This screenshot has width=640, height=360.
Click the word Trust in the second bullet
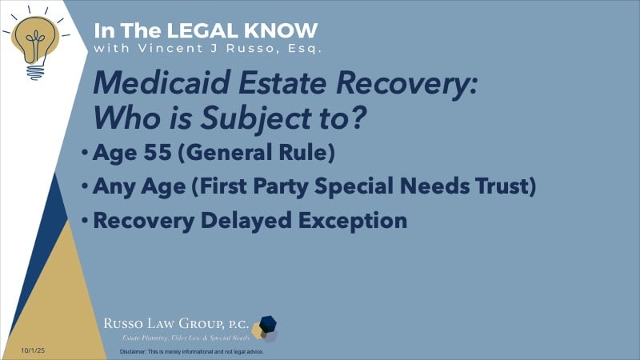point(509,187)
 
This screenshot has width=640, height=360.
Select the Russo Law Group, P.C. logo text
point(175,323)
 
